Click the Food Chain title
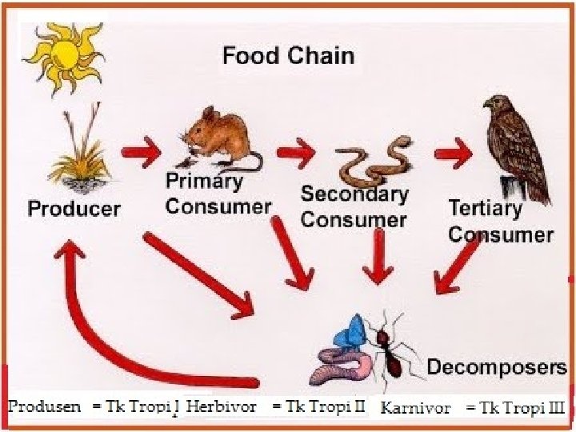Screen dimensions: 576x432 click(x=288, y=56)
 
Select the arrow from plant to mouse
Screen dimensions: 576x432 click(x=141, y=150)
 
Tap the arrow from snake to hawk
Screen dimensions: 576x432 click(x=452, y=150)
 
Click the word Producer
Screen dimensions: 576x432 click(x=74, y=210)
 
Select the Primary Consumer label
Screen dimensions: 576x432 click(x=218, y=194)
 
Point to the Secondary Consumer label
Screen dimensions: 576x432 click(x=354, y=207)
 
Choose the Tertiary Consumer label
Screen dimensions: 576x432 click(x=500, y=222)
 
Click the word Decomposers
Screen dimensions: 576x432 click(x=496, y=367)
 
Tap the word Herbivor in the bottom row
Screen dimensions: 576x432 click(x=221, y=406)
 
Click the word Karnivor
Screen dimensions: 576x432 click(x=415, y=408)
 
